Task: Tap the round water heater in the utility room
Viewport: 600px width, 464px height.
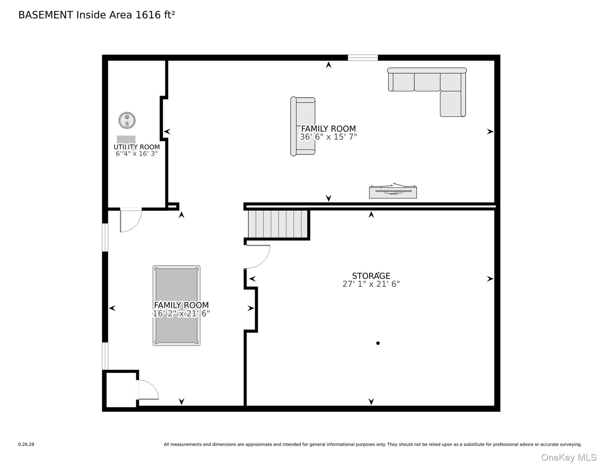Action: (x=127, y=120)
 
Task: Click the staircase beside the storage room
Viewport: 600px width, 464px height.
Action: (x=278, y=224)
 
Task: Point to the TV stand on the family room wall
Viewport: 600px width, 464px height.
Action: (x=393, y=192)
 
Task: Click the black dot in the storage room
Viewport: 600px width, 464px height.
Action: (x=378, y=343)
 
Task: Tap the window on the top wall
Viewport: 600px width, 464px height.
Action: (x=363, y=57)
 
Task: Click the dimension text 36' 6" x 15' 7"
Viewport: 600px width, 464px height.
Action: (x=328, y=137)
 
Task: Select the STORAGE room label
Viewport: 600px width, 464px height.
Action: (x=371, y=276)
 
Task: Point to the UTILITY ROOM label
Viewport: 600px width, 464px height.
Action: (x=136, y=147)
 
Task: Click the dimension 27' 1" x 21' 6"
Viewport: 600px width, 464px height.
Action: (x=371, y=284)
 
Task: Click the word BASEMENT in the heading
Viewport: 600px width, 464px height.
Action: (x=46, y=15)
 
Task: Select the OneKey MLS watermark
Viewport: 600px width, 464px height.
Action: (x=569, y=457)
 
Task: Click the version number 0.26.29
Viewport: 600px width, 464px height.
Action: (x=26, y=444)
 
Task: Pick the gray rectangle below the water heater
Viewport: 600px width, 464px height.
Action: (x=126, y=139)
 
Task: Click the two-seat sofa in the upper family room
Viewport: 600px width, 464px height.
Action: (x=303, y=126)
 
